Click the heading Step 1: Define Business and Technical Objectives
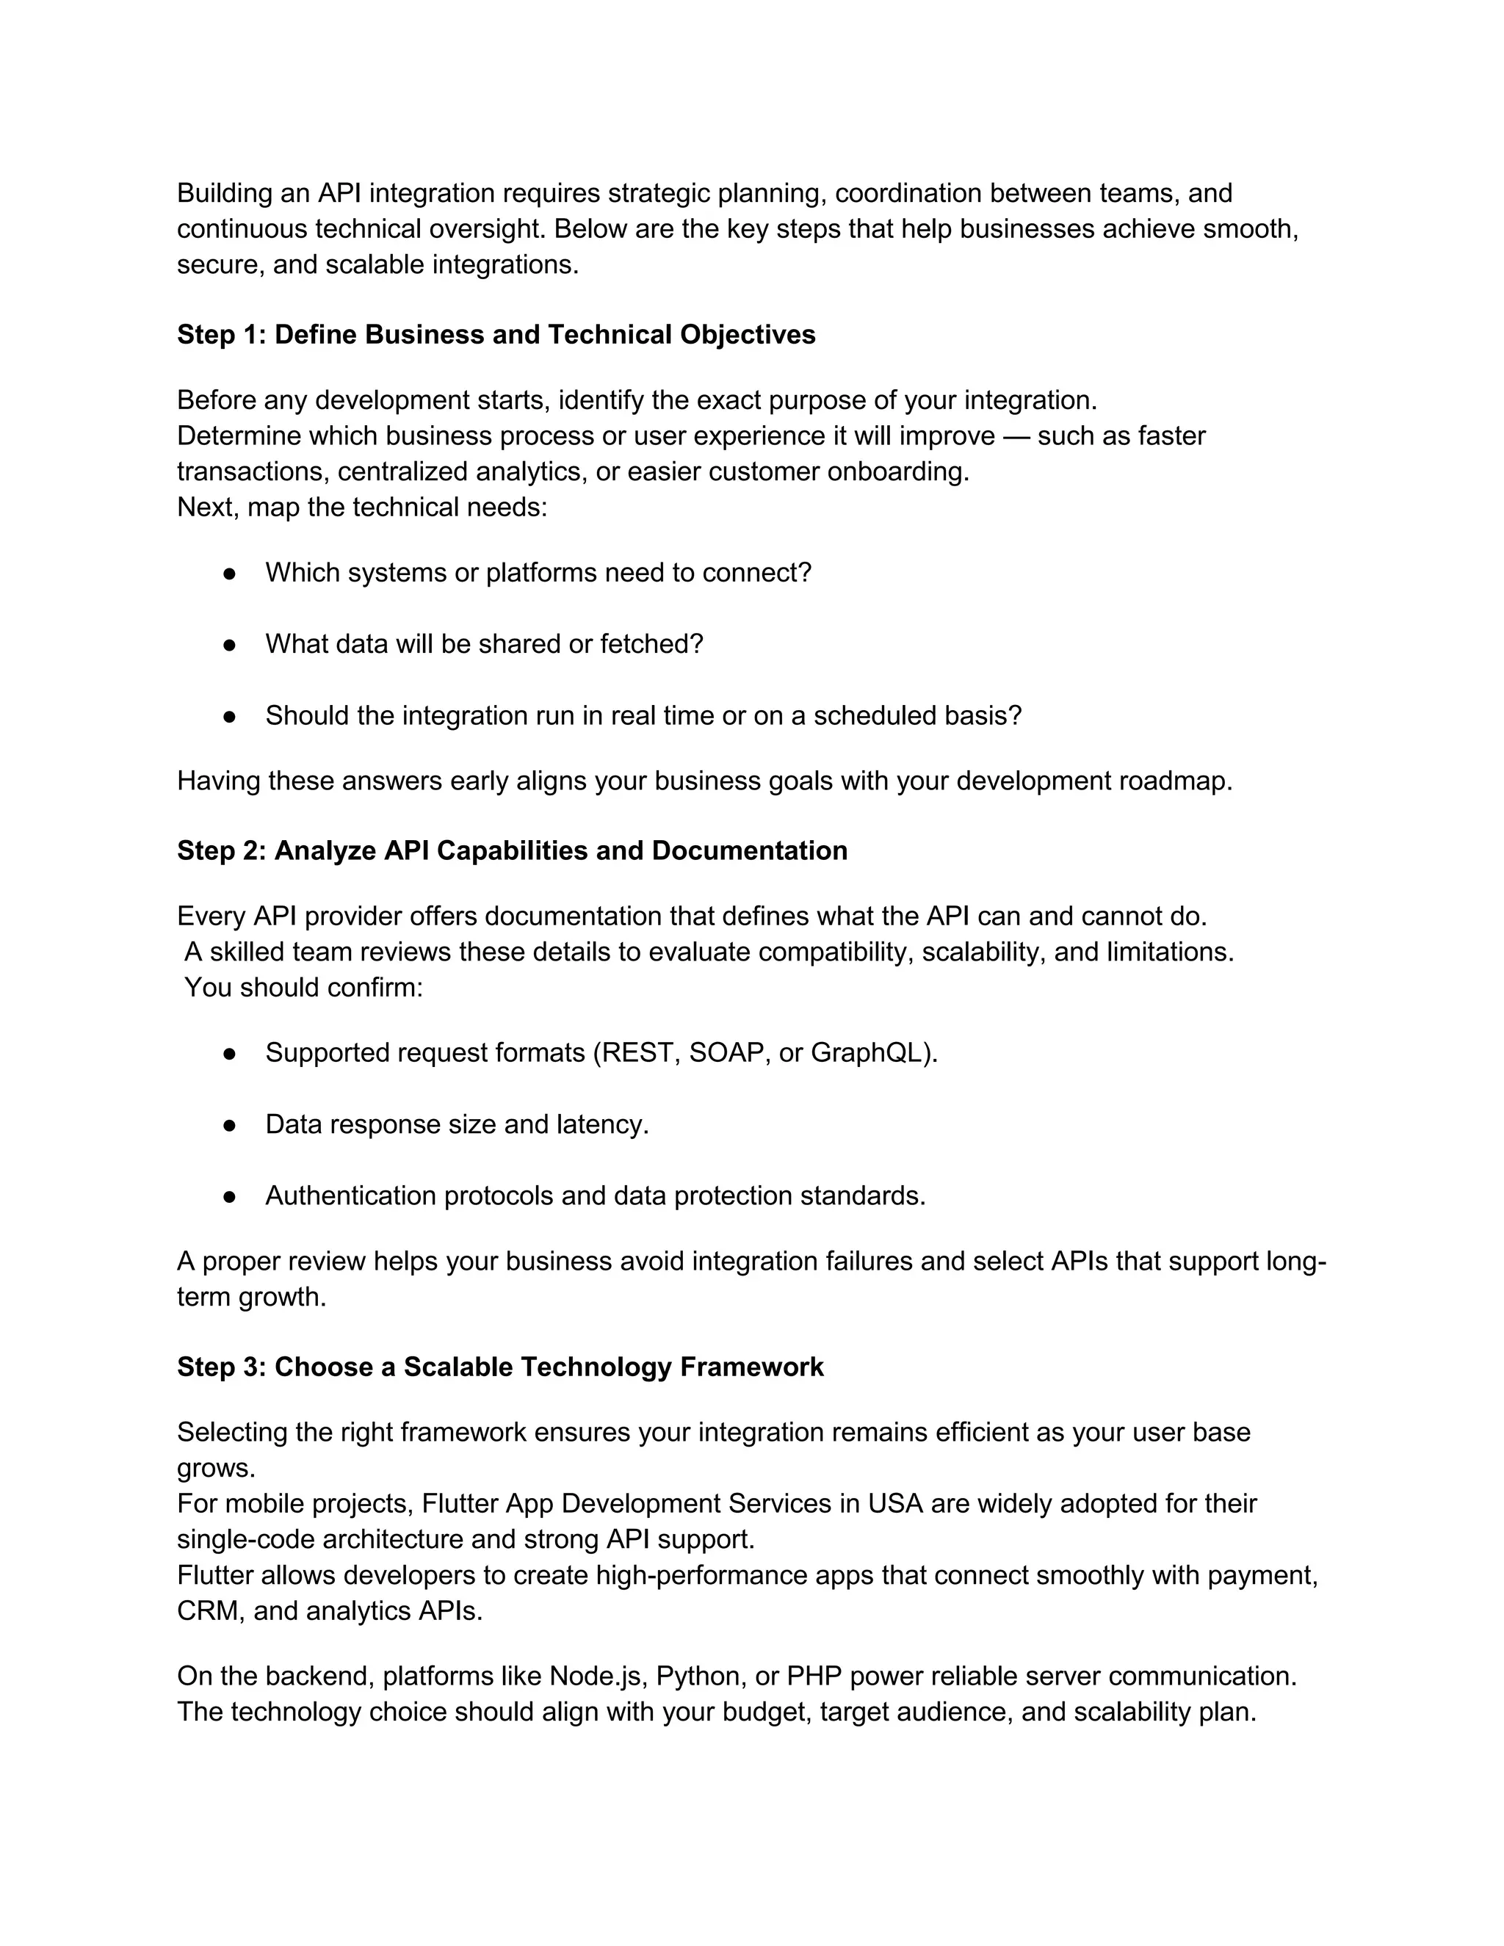click(x=496, y=334)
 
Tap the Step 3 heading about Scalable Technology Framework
click(x=500, y=1366)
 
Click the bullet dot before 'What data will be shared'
click(x=229, y=644)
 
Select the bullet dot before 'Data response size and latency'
click(x=229, y=1124)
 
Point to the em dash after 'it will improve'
click(x=1016, y=435)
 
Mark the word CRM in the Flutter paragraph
click(x=209, y=1610)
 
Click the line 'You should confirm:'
click(x=303, y=987)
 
